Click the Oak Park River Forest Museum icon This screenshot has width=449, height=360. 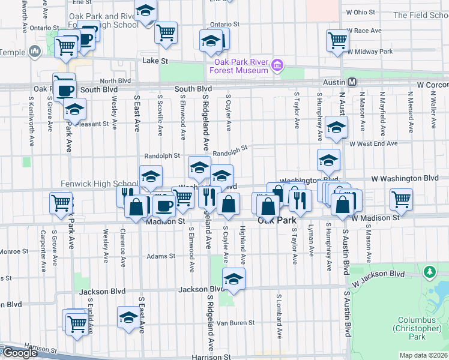tap(277, 65)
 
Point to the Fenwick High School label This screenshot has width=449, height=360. tap(100, 184)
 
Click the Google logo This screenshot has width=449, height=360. tap(20, 353)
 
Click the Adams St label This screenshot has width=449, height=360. tap(160, 256)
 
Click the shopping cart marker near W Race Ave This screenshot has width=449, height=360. tap(338, 40)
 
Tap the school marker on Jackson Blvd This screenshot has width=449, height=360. tap(234, 278)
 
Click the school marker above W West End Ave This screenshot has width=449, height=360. tap(336, 127)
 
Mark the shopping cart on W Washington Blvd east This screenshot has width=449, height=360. tap(401, 198)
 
